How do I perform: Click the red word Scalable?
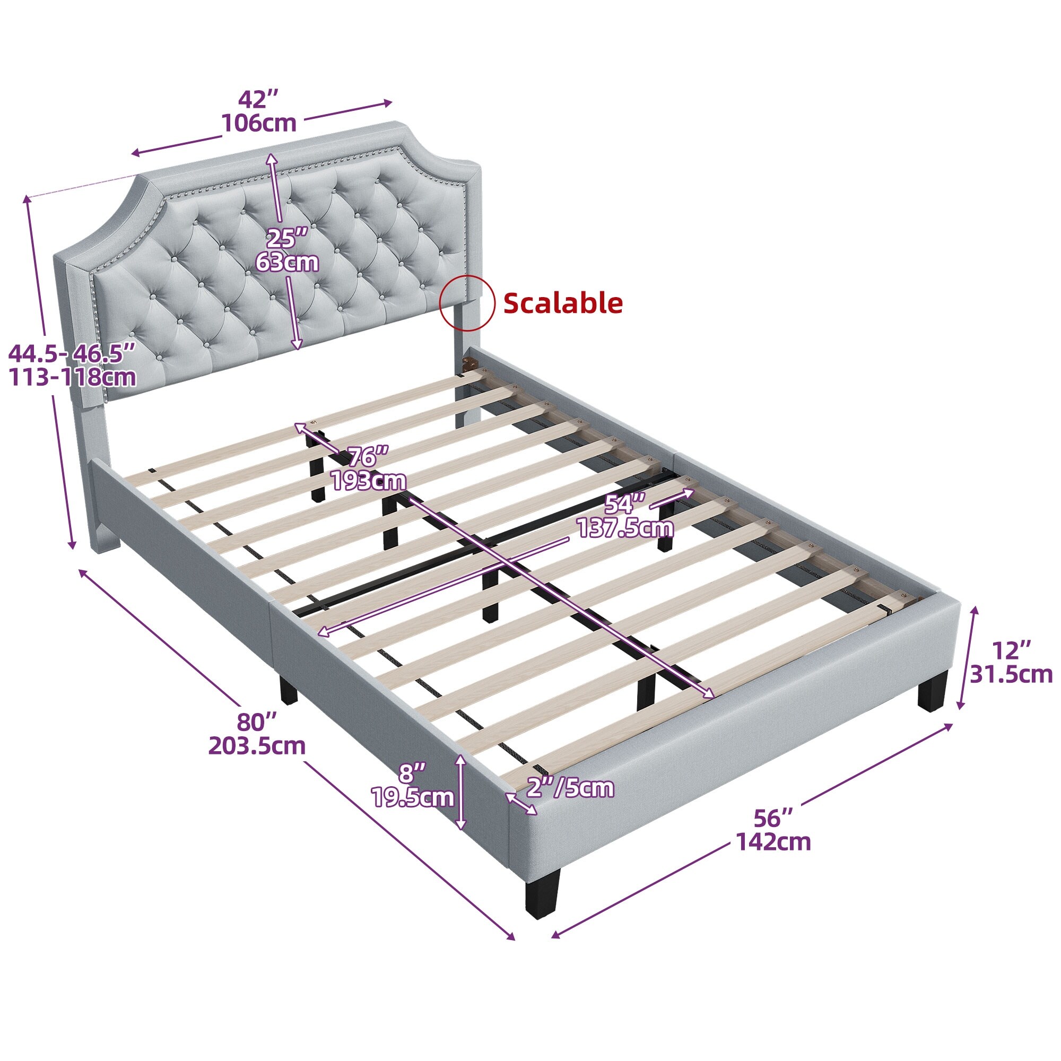(x=563, y=302)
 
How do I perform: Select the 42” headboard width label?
(x=259, y=99)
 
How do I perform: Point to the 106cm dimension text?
(x=259, y=124)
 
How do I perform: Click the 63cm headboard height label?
(x=287, y=262)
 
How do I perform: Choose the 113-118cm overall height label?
(x=73, y=377)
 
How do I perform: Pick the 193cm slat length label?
(x=369, y=481)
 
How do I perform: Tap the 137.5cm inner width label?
(x=625, y=528)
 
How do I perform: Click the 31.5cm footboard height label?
(x=1011, y=674)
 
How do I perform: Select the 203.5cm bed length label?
(x=256, y=745)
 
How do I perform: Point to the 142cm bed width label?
(x=773, y=841)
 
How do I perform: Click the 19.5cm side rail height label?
(x=413, y=797)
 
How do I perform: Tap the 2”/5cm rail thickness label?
(x=570, y=788)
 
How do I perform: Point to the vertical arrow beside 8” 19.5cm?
(x=462, y=792)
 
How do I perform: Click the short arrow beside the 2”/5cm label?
(x=521, y=803)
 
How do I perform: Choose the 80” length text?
(x=256, y=721)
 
